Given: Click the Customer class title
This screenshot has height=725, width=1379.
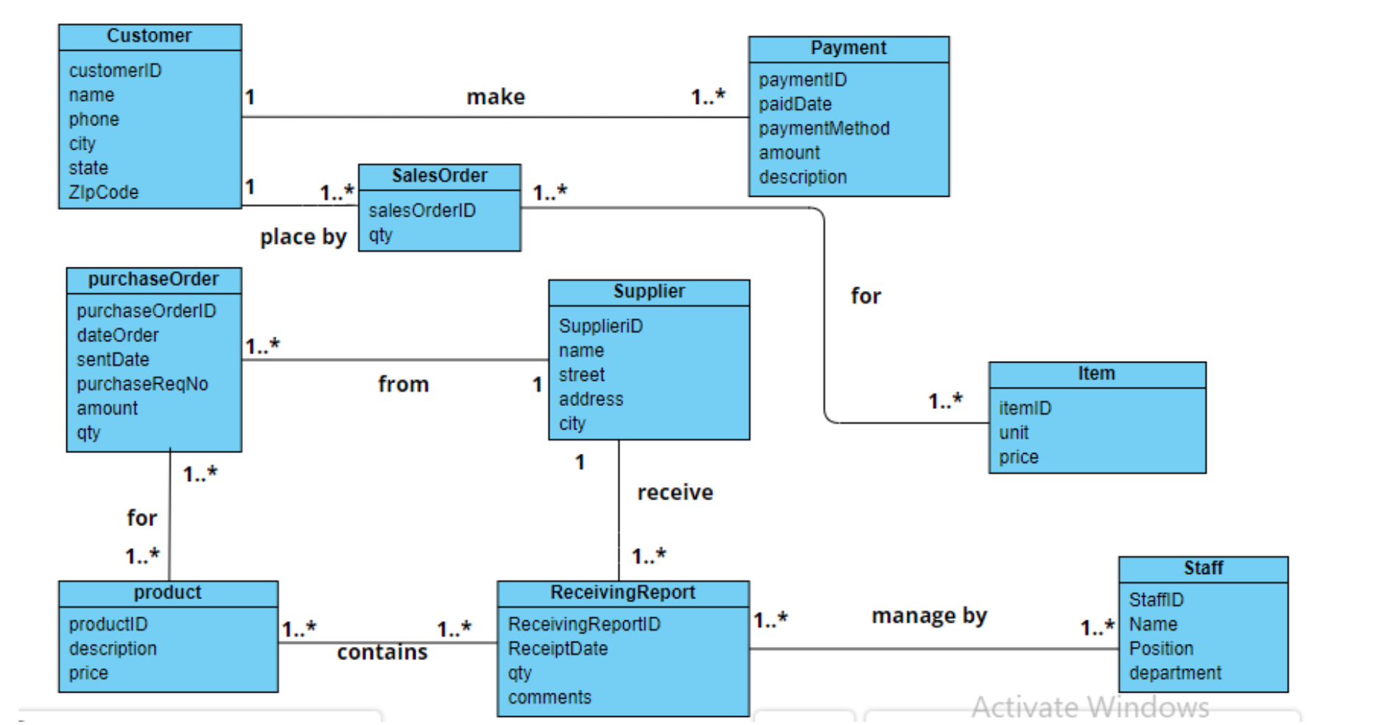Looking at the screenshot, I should coord(149,35).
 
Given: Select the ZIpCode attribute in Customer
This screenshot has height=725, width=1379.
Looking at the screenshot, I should coord(103,192).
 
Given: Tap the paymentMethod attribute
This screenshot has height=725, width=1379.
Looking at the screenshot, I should coord(824,128).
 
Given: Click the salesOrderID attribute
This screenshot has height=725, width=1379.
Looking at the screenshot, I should coord(421,211).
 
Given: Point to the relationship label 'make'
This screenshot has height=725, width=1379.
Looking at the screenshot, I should coord(495,97).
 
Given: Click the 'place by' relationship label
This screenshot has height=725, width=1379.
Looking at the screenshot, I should coord(303,237).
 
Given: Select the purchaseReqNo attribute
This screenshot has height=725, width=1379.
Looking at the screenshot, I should coord(142,384).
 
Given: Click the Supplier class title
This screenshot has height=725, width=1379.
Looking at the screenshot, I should coord(648,291).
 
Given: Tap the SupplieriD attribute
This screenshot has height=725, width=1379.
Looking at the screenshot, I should coord(600,326).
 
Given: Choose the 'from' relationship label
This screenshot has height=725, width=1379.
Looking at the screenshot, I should coord(403,384).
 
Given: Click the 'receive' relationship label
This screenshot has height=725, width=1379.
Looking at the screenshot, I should coord(675,492).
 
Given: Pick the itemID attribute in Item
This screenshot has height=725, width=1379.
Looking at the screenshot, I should coord(1024,408).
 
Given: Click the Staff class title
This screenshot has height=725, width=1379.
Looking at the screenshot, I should coord(1202,568).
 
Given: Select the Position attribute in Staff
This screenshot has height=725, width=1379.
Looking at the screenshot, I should coord(1160,648).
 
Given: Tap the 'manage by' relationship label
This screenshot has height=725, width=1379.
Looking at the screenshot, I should coord(928,615).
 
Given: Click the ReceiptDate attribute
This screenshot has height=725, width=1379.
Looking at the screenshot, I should coord(558,648).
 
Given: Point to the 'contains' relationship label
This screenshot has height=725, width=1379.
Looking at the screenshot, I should coord(382,652).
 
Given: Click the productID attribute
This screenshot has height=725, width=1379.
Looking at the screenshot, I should coord(108,624).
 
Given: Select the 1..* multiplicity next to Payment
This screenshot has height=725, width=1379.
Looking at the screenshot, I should coord(707,97).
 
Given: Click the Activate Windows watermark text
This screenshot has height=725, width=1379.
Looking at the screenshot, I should coord(1089,707).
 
